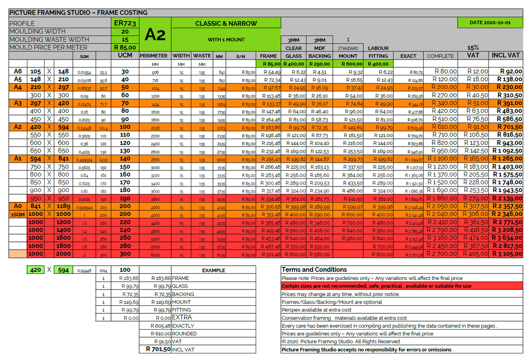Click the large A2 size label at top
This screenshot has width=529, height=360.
[x=155, y=35]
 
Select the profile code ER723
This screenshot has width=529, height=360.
[x=125, y=23]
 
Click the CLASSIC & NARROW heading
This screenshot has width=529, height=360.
[x=226, y=23]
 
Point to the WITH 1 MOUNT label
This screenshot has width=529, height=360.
[x=226, y=40]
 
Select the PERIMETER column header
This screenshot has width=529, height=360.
[x=153, y=56]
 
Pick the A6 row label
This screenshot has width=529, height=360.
[x=18, y=71]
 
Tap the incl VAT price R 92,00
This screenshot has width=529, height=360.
[x=511, y=71]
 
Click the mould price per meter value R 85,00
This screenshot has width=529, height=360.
[x=125, y=48]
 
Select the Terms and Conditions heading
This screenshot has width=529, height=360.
[x=314, y=270]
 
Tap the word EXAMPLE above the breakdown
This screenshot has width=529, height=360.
[x=213, y=271]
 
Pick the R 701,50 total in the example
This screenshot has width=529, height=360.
[x=158, y=349]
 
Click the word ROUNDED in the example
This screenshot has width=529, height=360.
[x=184, y=334]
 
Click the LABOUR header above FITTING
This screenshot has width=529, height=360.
[x=378, y=48]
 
